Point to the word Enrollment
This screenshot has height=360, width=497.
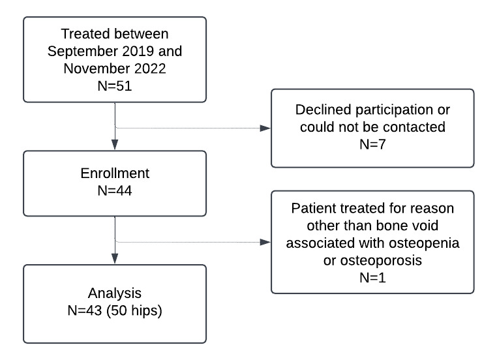(x=115, y=174)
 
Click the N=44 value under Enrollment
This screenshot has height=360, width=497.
(x=115, y=191)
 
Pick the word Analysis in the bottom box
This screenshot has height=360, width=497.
(x=115, y=293)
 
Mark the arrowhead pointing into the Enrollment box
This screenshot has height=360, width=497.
(x=115, y=145)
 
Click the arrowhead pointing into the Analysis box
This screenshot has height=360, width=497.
(x=115, y=260)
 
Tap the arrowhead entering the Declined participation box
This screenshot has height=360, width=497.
(x=265, y=128)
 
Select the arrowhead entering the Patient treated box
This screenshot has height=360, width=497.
(x=265, y=242)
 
